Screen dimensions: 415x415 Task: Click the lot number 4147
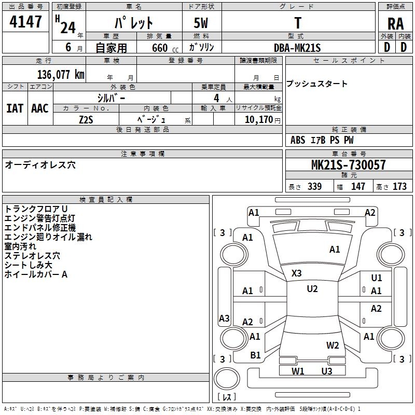pos(26,23)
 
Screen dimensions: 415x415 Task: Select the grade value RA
pos(395,24)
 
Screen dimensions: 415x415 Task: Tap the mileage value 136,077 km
pos(61,75)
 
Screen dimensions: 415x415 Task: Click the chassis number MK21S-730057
pos(348,165)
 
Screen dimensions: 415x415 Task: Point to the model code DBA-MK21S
pos(297,47)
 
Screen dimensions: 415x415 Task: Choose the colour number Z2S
pos(86,119)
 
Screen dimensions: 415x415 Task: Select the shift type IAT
pos(15,108)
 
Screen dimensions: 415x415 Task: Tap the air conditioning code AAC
pos(39,108)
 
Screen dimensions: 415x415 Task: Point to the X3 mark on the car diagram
pos(297,273)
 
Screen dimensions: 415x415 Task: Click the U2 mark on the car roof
pos(312,289)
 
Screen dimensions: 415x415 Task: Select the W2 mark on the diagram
pos(333,345)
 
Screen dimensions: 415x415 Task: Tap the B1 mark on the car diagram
pos(255,355)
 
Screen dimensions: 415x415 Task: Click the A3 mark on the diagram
pos(224,319)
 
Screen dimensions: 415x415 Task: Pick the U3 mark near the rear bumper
pos(326,371)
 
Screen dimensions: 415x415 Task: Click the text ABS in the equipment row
pos(298,140)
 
